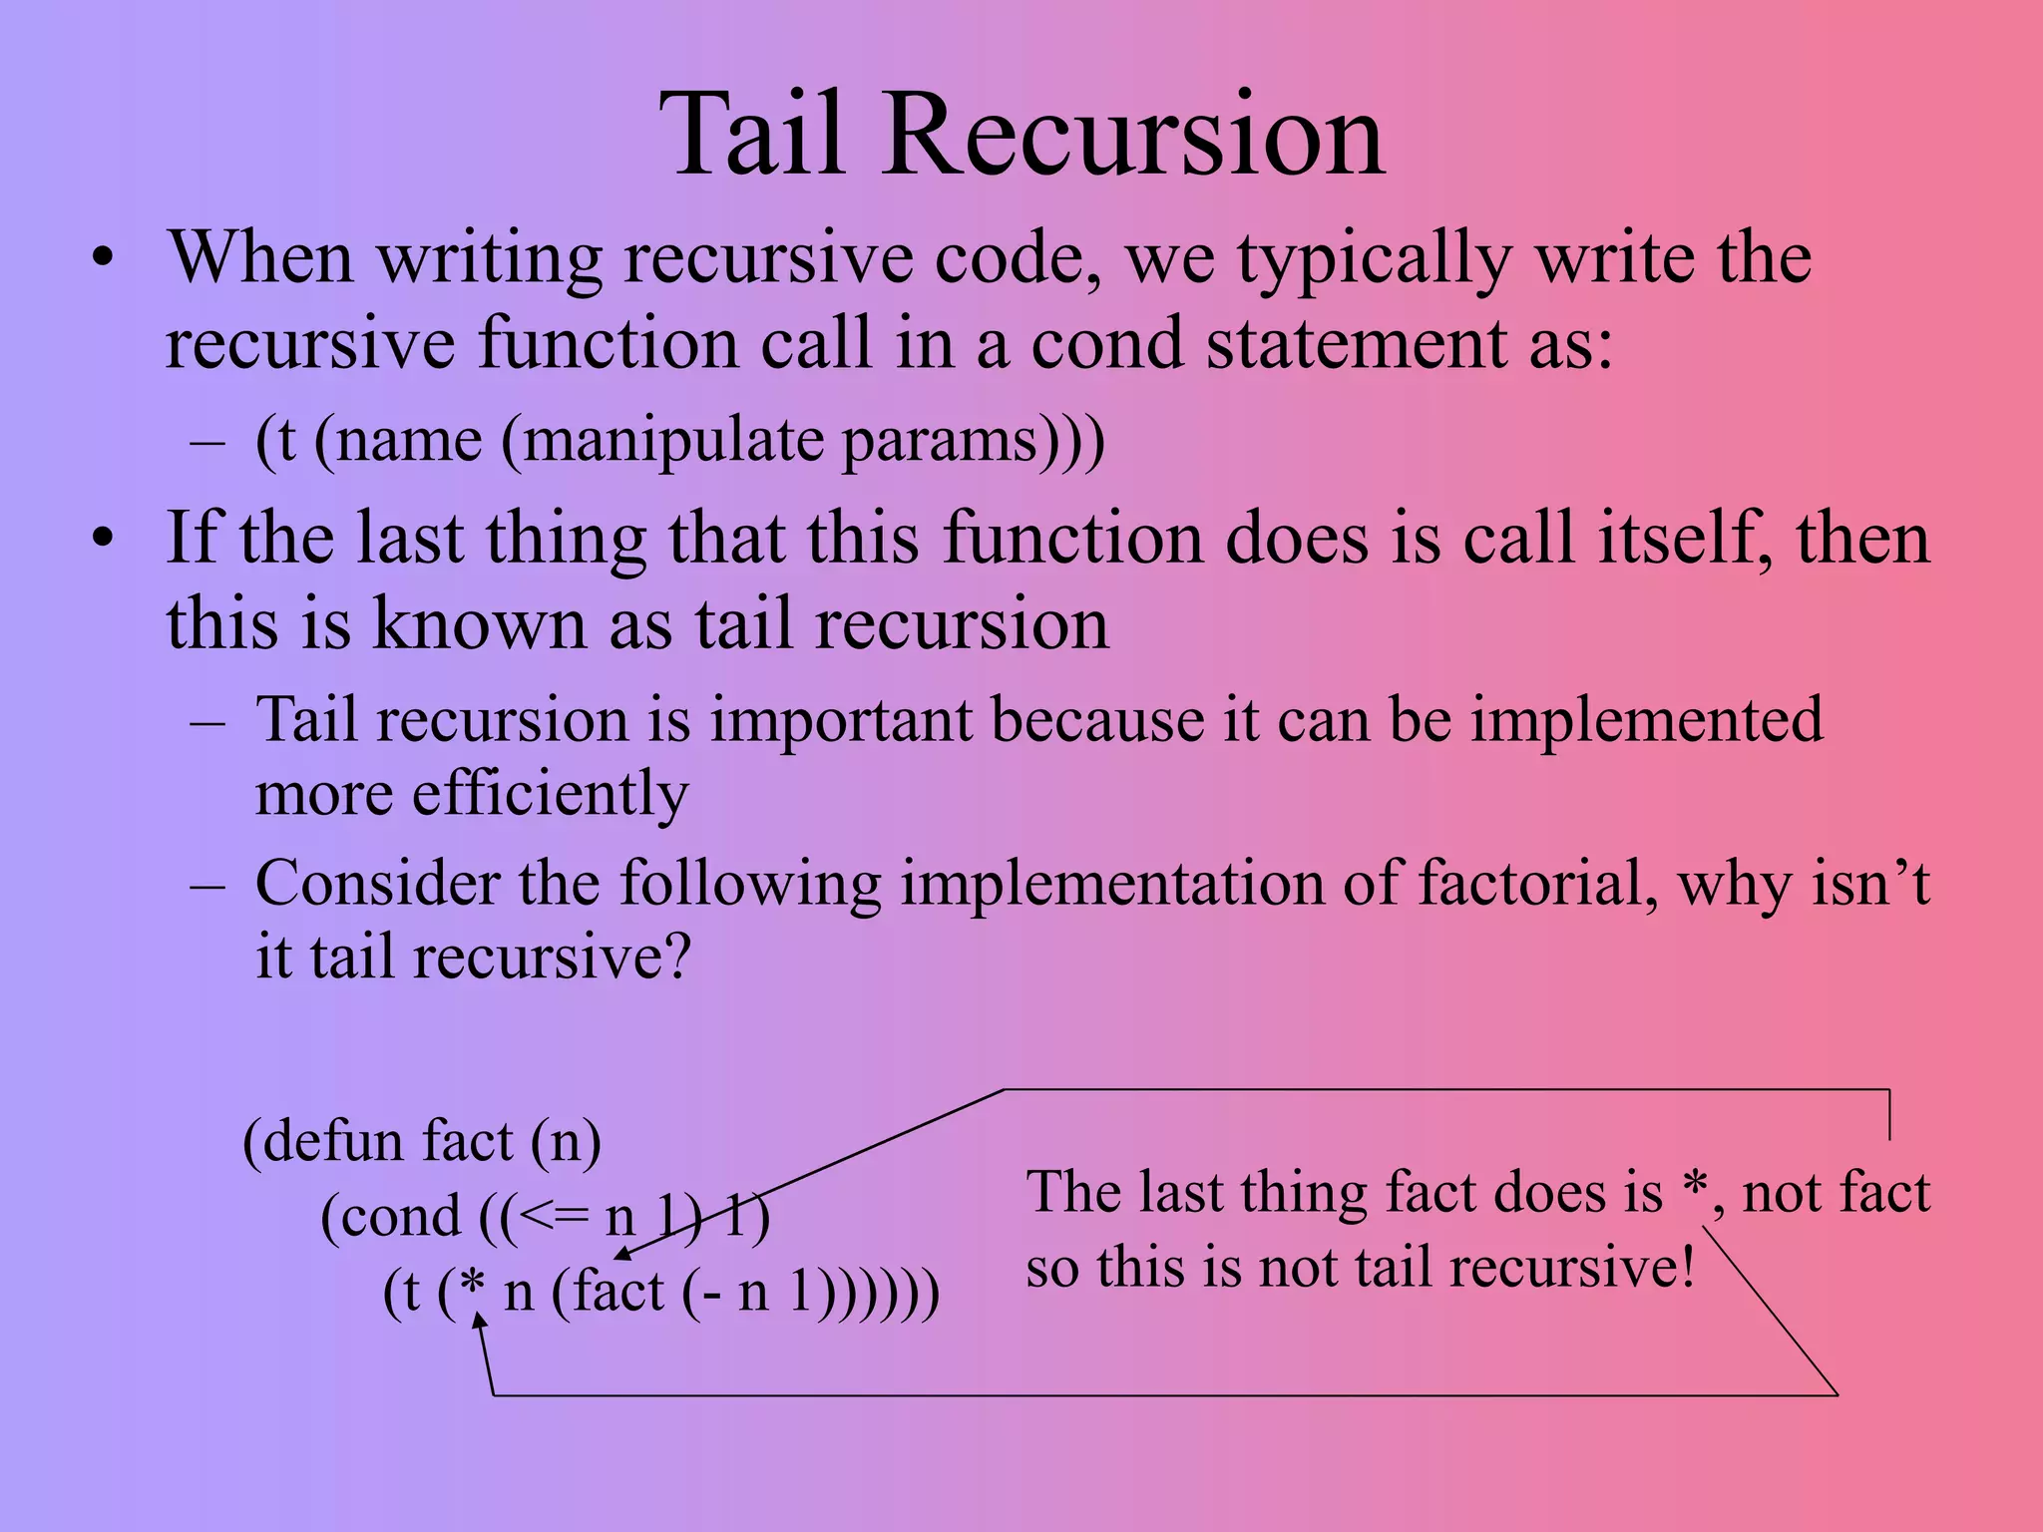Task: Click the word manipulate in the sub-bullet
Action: pos(673,441)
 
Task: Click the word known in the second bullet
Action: pos(480,624)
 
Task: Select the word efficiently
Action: pos(550,795)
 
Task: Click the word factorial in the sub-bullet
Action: pos(1537,884)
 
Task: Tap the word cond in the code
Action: pos(399,1217)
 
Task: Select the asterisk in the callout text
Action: pos(1694,1189)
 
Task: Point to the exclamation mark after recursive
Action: pos(1687,1268)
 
